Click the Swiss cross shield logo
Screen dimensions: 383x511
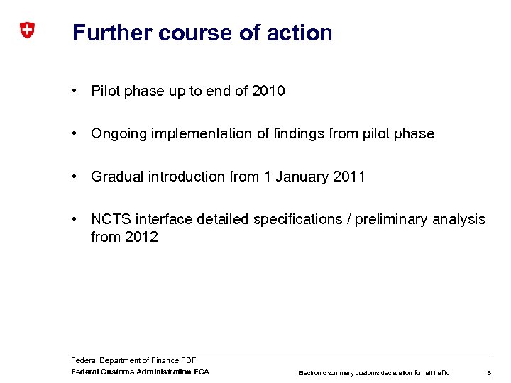(26, 30)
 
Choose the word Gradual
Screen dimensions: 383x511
(117, 177)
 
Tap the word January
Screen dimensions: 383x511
(301, 177)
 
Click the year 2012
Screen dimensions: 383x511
(141, 238)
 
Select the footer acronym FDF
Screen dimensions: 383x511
(188, 361)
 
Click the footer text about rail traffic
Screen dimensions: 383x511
(373, 372)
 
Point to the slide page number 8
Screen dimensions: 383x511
(489, 372)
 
